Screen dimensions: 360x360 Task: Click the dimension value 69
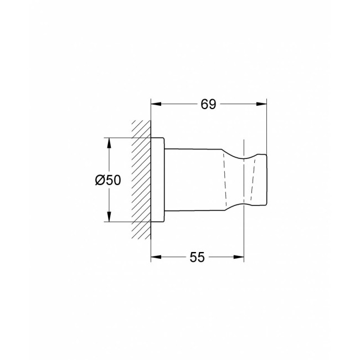click(x=208, y=104)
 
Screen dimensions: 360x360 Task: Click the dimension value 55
click(x=197, y=257)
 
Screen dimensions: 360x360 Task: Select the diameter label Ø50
click(x=108, y=180)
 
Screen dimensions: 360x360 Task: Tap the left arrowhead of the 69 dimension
click(x=156, y=104)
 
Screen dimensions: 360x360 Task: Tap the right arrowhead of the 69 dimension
click(x=261, y=104)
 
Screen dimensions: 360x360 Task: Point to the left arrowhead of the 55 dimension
click(x=156, y=257)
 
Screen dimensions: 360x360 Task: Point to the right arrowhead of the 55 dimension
click(x=239, y=257)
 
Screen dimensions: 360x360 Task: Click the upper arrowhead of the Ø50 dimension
click(x=109, y=143)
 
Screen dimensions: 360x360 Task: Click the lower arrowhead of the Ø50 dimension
click(x=109, y=217)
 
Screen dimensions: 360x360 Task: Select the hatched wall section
click(x=141, y=180)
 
